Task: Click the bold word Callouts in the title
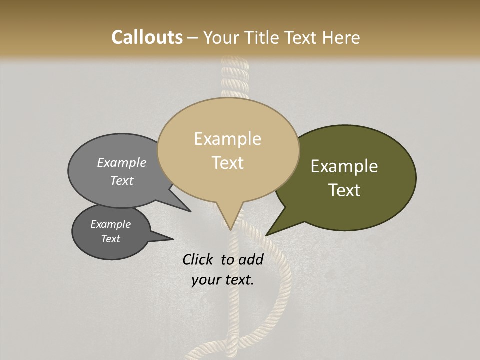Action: coord(147,37)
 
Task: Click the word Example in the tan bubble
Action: coord(227,139)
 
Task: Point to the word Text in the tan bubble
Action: coord(227,162)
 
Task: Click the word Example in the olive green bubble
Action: coord(344,166)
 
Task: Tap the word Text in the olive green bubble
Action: coord(344,190)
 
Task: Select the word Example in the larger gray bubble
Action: coord(122,162)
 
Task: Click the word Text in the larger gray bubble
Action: coord(122,180)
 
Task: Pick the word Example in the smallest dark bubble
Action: coord(111,224)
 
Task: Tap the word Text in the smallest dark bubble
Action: coord(111,239)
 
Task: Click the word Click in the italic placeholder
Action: coord(199,259)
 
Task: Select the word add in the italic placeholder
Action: coord(251,259)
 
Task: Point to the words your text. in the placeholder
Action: coord(223,280)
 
